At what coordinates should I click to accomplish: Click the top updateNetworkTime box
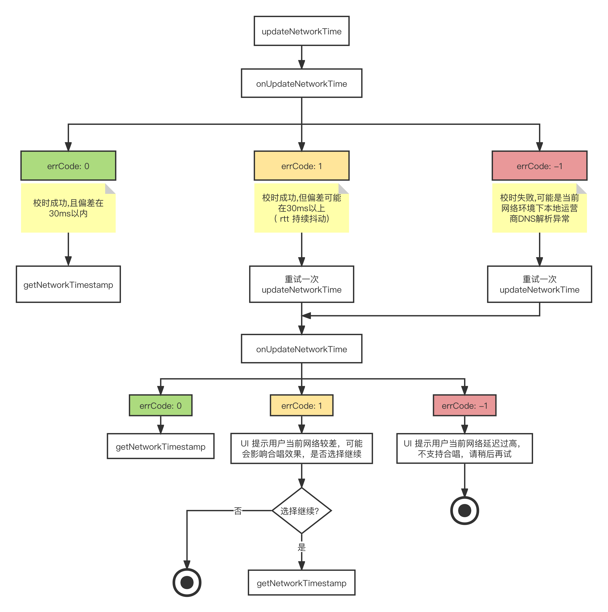point(301,31)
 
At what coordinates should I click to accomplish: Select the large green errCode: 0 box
point(68,166)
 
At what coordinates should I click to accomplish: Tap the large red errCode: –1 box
point(539,166)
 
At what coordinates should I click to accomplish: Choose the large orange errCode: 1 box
point(301,166)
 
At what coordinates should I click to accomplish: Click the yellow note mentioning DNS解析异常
point(539,208)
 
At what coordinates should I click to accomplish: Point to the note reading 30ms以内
point(68,208)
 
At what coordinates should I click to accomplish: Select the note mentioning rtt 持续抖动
point(301,208)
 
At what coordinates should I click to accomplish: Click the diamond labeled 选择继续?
point(301,510)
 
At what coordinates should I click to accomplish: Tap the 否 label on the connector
point(238,510)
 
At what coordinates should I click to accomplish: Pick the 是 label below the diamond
point(301,547)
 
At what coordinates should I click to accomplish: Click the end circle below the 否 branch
point(187,582)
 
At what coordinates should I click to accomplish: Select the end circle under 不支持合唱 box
point(464,510)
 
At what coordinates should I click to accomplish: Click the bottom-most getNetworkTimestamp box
point(301,583)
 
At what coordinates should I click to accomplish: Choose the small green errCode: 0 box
point(161,405)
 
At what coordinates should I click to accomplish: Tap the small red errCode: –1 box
point(464,405)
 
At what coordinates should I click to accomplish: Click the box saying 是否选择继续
point(301,448)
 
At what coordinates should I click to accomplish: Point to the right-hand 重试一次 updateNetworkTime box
point(539,284)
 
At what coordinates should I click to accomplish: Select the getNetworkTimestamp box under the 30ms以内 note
point(68,284)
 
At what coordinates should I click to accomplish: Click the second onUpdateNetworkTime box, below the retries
point(301,349)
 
